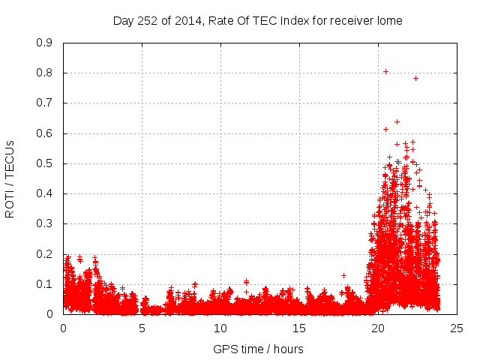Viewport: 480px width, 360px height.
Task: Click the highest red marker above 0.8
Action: point(385,72)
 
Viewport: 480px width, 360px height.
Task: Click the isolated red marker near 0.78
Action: point(415,78)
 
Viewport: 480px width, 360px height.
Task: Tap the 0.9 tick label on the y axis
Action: point(45,43)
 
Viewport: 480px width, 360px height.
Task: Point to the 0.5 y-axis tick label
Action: point(45,163)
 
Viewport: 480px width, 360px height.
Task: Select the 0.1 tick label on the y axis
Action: point(45,284)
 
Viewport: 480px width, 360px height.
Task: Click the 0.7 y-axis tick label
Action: point(45,103)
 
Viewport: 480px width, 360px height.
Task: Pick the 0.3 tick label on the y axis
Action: point(45,223)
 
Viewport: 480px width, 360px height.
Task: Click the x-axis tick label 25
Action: point(457,328)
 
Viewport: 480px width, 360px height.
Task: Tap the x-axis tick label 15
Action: point(299,328)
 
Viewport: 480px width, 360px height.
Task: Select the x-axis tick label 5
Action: point(142,328)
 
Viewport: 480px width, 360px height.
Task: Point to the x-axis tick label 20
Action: point(378,328)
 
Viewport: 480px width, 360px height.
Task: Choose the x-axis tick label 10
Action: point(220,328)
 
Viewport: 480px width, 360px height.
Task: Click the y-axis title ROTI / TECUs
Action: point(10,178)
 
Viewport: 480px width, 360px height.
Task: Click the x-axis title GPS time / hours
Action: point(258,349)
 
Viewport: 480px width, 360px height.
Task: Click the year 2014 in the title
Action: point(189,21)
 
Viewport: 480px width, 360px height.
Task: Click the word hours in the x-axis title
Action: point(288,349)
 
